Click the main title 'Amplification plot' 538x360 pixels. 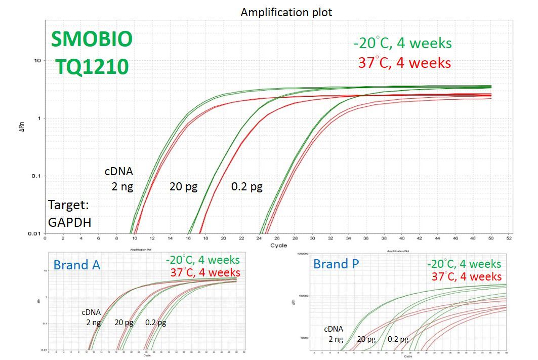coord(286,12)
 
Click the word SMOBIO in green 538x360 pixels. coord(92,40)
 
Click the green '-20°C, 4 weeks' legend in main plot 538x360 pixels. coord(402,44)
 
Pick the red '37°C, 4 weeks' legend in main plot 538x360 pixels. coord(404,63)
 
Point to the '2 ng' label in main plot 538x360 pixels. coord(122,187)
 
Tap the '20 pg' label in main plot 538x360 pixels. coord(183,187)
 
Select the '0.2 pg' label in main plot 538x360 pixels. coord(246,187)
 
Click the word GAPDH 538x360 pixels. coord(70,222)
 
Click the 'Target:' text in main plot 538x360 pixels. coord(68,205)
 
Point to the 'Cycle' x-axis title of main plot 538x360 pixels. coord(278,246)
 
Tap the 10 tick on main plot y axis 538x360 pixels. coord(37,60)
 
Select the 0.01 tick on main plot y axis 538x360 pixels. coord(35,233)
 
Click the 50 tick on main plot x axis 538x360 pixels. coord(491,238)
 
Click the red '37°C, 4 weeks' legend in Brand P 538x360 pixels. coord(466,276)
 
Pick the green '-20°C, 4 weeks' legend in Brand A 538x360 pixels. coord(202,260)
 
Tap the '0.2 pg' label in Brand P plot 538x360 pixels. coord(398,339)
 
